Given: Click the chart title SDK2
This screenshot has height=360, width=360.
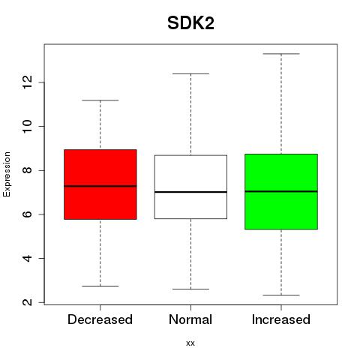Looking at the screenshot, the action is [x=190, y=23].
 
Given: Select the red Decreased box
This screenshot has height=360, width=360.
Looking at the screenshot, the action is [x=100, y=184].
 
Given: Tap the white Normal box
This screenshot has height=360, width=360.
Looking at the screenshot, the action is [x=190, y=187].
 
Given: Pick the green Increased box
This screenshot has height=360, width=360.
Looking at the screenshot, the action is [x=281, y=192].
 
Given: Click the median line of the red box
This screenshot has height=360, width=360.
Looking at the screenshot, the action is [x=100, y=186].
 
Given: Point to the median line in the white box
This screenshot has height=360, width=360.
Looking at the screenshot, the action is [x=190, y=192].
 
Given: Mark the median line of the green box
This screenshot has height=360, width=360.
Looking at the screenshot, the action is [x=281, y=191].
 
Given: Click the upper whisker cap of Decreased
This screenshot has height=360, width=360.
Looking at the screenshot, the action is [x=100, y=100].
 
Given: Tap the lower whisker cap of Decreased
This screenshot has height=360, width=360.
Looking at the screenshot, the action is [x=100, y=286].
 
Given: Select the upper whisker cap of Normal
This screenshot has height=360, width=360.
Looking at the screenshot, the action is [x=190, y=73].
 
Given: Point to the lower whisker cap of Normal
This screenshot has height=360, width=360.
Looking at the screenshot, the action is [x=190, y=289].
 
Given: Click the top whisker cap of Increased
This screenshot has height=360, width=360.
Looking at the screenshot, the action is [x=281, y=54].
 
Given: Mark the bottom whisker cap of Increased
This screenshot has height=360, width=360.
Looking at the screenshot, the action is [x=281, y=295].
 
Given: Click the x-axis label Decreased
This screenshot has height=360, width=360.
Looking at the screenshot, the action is [x=100, y=319].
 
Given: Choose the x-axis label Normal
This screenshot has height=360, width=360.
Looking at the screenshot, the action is [x=190, y=319].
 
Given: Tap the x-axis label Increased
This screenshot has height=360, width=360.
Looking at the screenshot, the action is [x=281, y=319].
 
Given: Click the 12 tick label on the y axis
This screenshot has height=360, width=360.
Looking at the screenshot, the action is [x=27, y=82].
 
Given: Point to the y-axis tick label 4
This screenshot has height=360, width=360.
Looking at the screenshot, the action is [x=27, y=258].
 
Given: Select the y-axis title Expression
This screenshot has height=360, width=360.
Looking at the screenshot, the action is [x=7, y=174].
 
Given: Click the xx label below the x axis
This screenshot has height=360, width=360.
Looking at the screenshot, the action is [x=190, y=343].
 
